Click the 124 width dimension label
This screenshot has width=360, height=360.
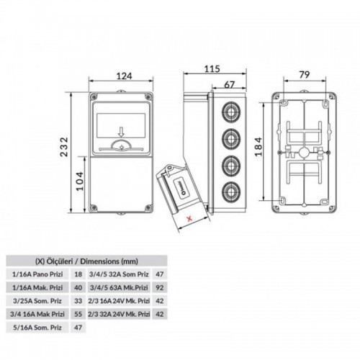point(124,76)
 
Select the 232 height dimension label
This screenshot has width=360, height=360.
point(64,147)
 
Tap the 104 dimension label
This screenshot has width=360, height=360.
point(80,181)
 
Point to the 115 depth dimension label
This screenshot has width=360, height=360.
point(212,69)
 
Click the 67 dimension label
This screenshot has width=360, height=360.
point(229,84)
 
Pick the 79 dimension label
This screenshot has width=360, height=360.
point(305,75)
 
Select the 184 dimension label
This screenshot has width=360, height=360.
point(258,147)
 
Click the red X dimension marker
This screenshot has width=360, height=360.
point(189,219)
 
